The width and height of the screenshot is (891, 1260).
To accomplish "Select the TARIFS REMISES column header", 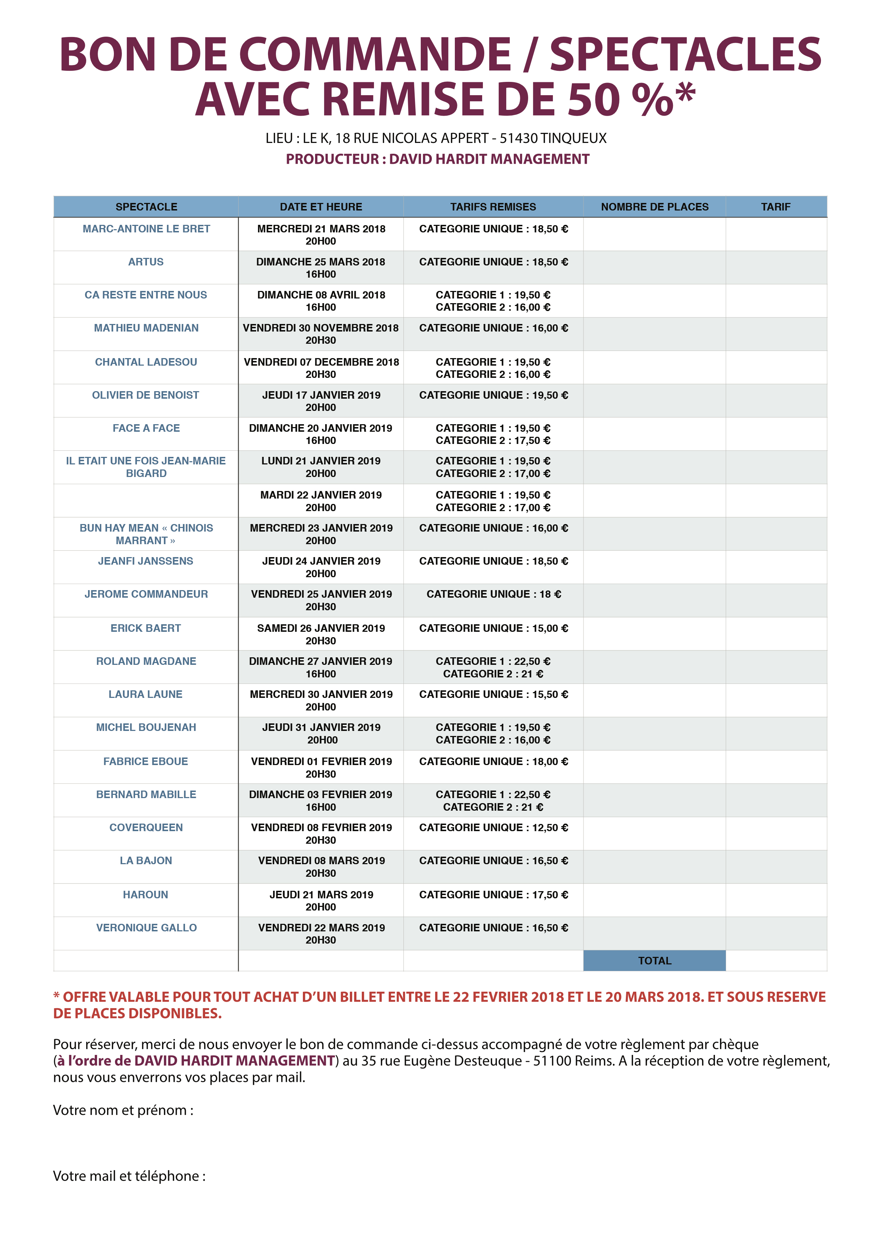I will (x=493, y=207).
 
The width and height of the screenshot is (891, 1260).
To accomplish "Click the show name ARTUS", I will (x=146, y=262).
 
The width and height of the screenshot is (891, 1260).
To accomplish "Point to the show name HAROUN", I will (x=146, y=894).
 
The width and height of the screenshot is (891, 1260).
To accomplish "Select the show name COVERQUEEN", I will (x=146, y=828).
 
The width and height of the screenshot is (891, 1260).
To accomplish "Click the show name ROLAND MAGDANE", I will (x=146, y=661).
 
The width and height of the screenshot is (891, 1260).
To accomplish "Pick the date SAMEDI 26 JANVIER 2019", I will (x=321, y=628).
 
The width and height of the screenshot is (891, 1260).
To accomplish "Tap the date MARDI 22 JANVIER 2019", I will (x=321, y=495).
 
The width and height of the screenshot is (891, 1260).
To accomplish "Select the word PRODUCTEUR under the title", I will (x=332, y=159).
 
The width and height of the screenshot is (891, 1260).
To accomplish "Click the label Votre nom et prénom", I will (x=123, y=1110).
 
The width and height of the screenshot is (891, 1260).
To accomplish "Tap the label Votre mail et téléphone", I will (x=129, y=1176).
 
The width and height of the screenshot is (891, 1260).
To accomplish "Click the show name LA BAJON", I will (x=146, y=861).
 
